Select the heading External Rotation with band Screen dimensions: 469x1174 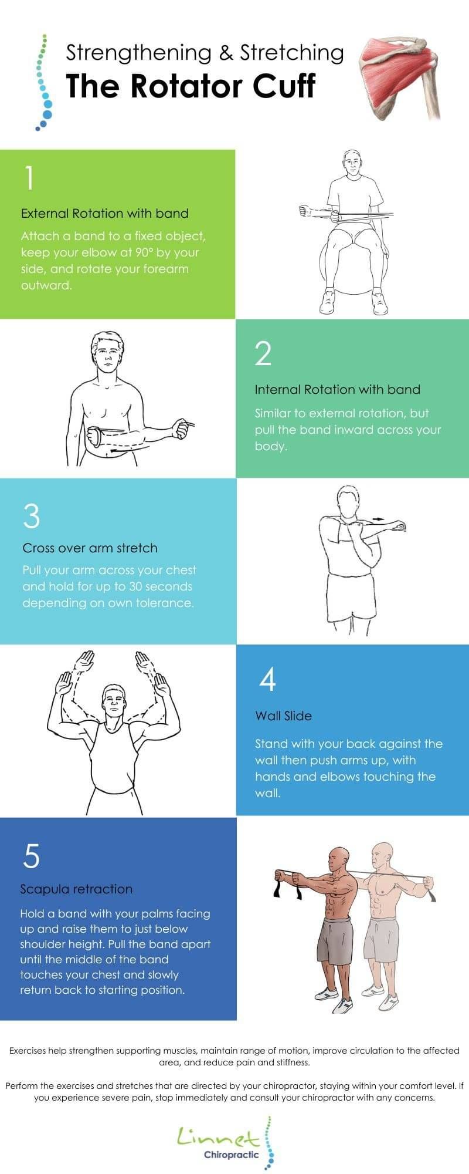[x=104, y=214]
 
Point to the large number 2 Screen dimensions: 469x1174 [x=263, y=353]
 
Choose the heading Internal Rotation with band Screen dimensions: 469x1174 [x=337, y=390]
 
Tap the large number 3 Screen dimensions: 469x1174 [x=32, y=516]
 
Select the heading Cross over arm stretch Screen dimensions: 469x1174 [x=90, y=548]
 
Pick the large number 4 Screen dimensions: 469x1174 [x=267, y=680]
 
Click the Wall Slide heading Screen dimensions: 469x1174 [x=283, y=716]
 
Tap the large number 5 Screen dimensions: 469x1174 [x=32, y=856]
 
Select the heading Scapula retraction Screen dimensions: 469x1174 [x=76, y=889]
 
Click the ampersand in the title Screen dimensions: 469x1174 [x=225, y=53]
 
